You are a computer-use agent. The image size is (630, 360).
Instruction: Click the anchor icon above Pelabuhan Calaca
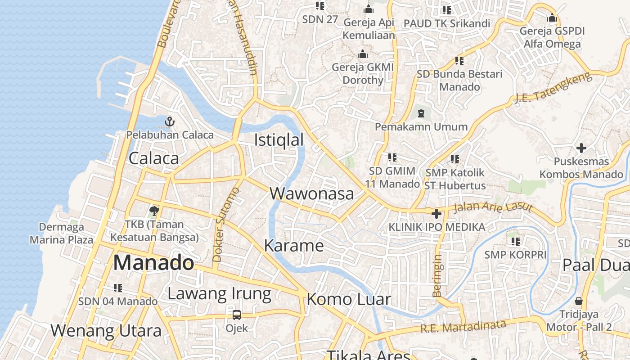170,121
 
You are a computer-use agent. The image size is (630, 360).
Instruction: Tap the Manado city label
153,263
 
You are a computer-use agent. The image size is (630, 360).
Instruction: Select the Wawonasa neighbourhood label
312,193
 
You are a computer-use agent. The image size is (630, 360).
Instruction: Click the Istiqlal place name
279,140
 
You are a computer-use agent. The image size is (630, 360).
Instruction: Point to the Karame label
294,246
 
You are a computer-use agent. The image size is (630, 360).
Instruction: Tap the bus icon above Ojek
237,315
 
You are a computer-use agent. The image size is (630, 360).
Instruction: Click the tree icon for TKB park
154,210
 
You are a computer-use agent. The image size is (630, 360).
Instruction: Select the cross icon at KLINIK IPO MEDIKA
436,214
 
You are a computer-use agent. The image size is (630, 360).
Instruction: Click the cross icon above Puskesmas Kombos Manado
581,148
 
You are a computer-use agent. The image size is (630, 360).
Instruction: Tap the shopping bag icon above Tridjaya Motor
579,301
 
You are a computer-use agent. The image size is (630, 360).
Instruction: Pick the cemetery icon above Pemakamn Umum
421,113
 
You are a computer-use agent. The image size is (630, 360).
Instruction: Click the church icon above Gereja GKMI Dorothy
363,54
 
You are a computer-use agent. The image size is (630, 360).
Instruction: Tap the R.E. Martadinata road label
463,326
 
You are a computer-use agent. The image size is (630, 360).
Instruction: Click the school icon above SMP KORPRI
515,242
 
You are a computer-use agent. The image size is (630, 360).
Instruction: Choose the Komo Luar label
349,299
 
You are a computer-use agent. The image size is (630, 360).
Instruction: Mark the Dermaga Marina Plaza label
61,233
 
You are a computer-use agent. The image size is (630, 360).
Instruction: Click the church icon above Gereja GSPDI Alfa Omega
552,18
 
